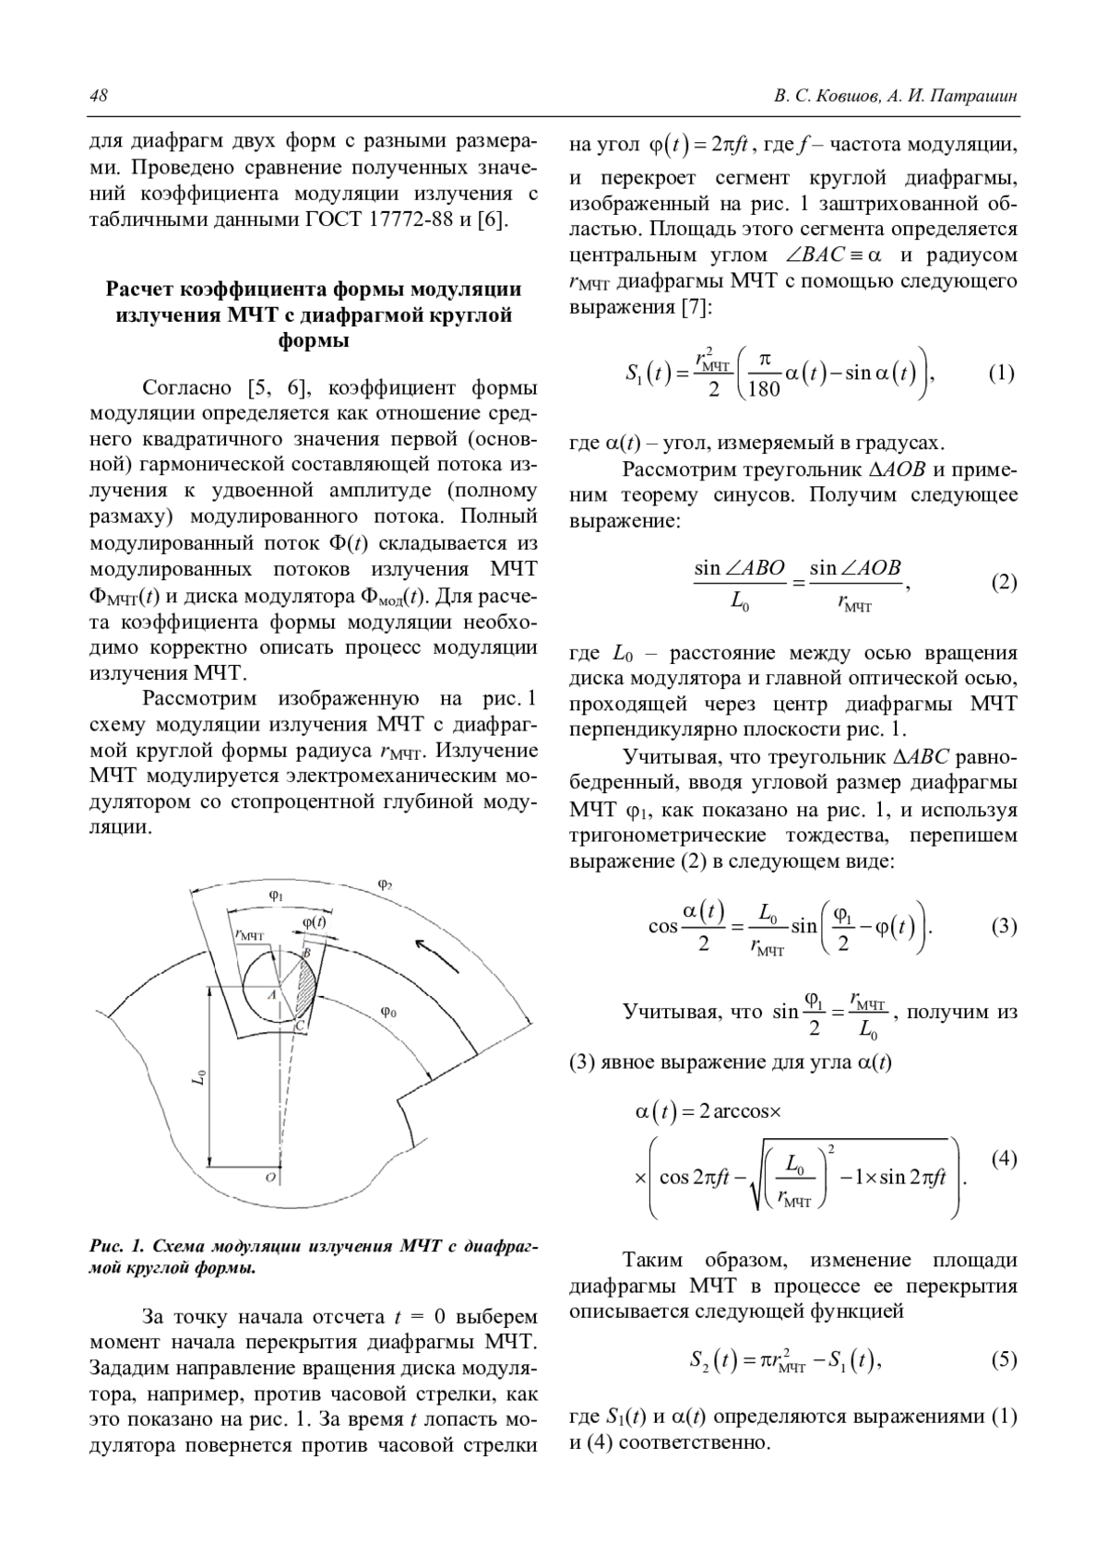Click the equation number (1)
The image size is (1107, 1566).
pyautogui.click(x=1002, y=374)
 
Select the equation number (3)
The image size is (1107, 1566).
pyautogui.click(x=1004, y=927)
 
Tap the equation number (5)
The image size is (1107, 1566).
pyautogui.click(x=1004, y=1358)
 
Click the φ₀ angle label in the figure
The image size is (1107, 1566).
pyautogui.click(x=389, y=1012)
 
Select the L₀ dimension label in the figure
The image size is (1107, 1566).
pyautogui.click(x=199, y=1076)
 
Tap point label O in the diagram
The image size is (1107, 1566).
pyautogui.click(x=270, y=1178)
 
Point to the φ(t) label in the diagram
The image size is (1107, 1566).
pyautogui.click(x=315, y=922)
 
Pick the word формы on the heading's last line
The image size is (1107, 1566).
pyautogui.click(x=314, y=341)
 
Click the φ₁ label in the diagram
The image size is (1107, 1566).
pyautogui.click(x=276, y=896)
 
